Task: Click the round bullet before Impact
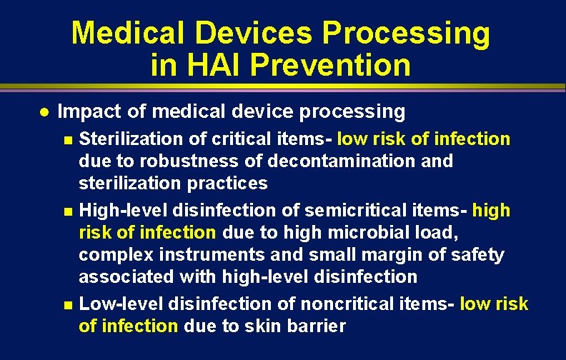point(43,112)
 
